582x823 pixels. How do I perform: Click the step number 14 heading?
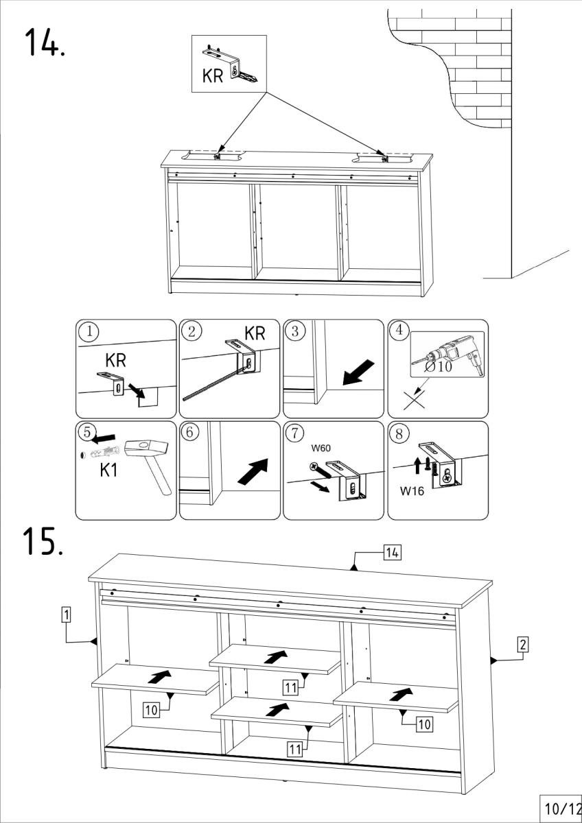click(45, 42)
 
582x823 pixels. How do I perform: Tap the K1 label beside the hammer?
click(113, 472)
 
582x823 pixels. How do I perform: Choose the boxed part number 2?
click(522, 645)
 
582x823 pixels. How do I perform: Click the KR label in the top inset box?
click(213, 76)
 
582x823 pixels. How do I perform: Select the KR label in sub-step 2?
click(255, 334)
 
